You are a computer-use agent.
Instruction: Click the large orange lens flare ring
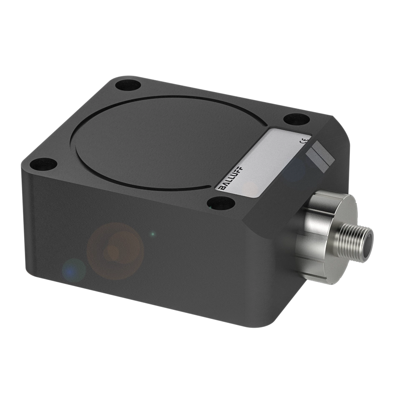coord(116,250)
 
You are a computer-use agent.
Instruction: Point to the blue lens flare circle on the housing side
coord(74,270)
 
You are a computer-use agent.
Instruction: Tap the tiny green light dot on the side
coord(153,234)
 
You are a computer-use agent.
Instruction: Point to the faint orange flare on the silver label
coord(250,190)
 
